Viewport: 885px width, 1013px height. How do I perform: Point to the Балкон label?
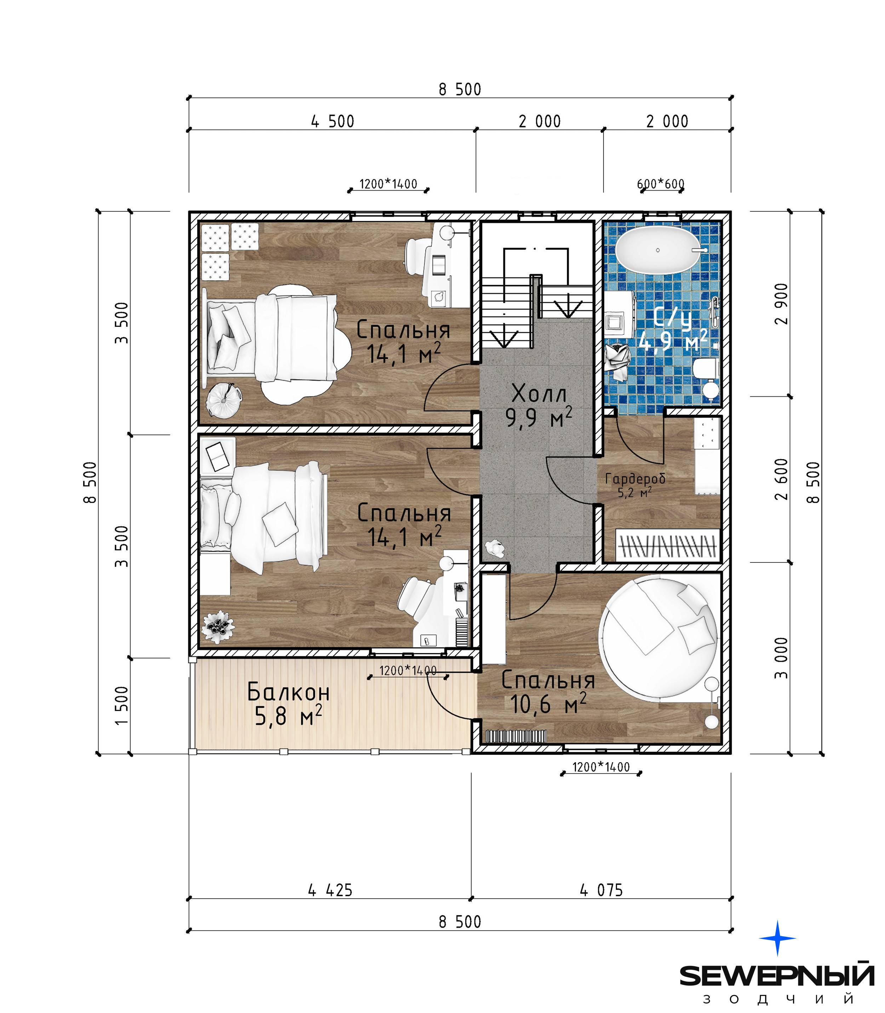pyautogui.click(x=289, y=692)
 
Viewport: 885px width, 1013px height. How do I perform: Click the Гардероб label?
pyautogui.click(x=635, y=478)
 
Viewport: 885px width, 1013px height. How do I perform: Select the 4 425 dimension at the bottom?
pyautogui.click(x=330, y=890)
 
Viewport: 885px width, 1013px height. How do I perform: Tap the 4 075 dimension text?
pyautogui.click(x=601, y=890)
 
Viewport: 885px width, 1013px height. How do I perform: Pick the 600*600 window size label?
pyautogui.click(x=661, y=184)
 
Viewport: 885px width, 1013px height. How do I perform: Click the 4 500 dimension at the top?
pyautogui.click(x=332, y=121)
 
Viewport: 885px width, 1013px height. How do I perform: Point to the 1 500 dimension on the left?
pyautogui.click(x=121, y=706)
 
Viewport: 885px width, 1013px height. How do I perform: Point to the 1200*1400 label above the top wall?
pyautogui.click(x=388, y=184)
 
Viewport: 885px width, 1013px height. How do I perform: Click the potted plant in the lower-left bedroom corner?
pyautogui.click(x=218, y=627)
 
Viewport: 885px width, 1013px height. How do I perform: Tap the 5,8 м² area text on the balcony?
pyautogui.click(x=289, y=715)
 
